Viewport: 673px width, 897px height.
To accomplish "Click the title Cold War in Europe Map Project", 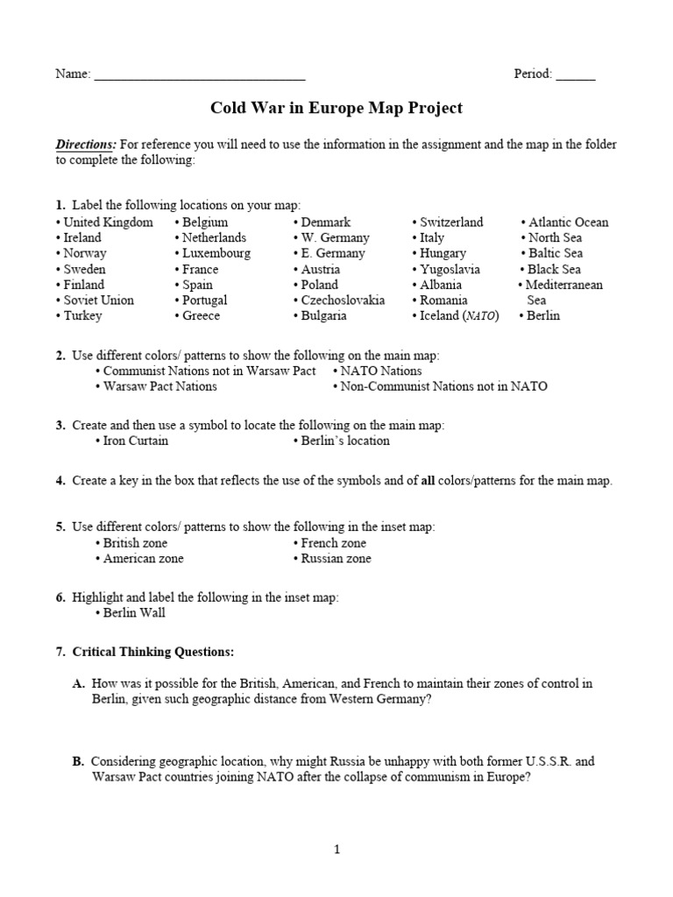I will [336, 108].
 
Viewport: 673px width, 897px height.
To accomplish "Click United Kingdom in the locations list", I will [108, 222].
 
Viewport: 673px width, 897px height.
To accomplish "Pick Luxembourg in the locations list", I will [216, 253].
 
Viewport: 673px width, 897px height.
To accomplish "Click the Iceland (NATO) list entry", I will [458, 315].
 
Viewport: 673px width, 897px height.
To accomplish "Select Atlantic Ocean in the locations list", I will [568, 222].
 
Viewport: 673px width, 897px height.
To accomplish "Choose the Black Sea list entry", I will [554, 269].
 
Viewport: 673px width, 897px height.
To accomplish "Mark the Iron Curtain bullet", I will [135, 441].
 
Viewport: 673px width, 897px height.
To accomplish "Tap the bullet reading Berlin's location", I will [344, 441].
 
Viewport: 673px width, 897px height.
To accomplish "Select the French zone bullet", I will [333, 543].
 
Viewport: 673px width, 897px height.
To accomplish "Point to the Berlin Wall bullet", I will [133, 612].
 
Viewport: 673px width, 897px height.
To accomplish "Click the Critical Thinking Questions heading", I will [153, 652].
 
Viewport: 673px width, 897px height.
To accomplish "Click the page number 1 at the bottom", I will [336, 848].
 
